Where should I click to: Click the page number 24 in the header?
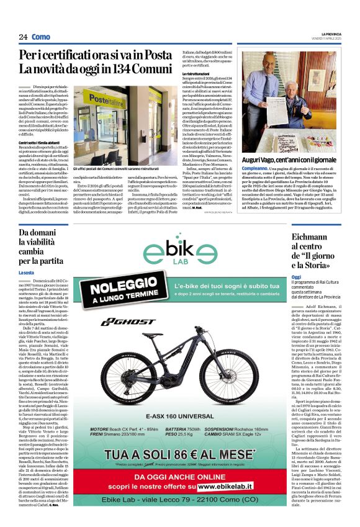tap(22, 37)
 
